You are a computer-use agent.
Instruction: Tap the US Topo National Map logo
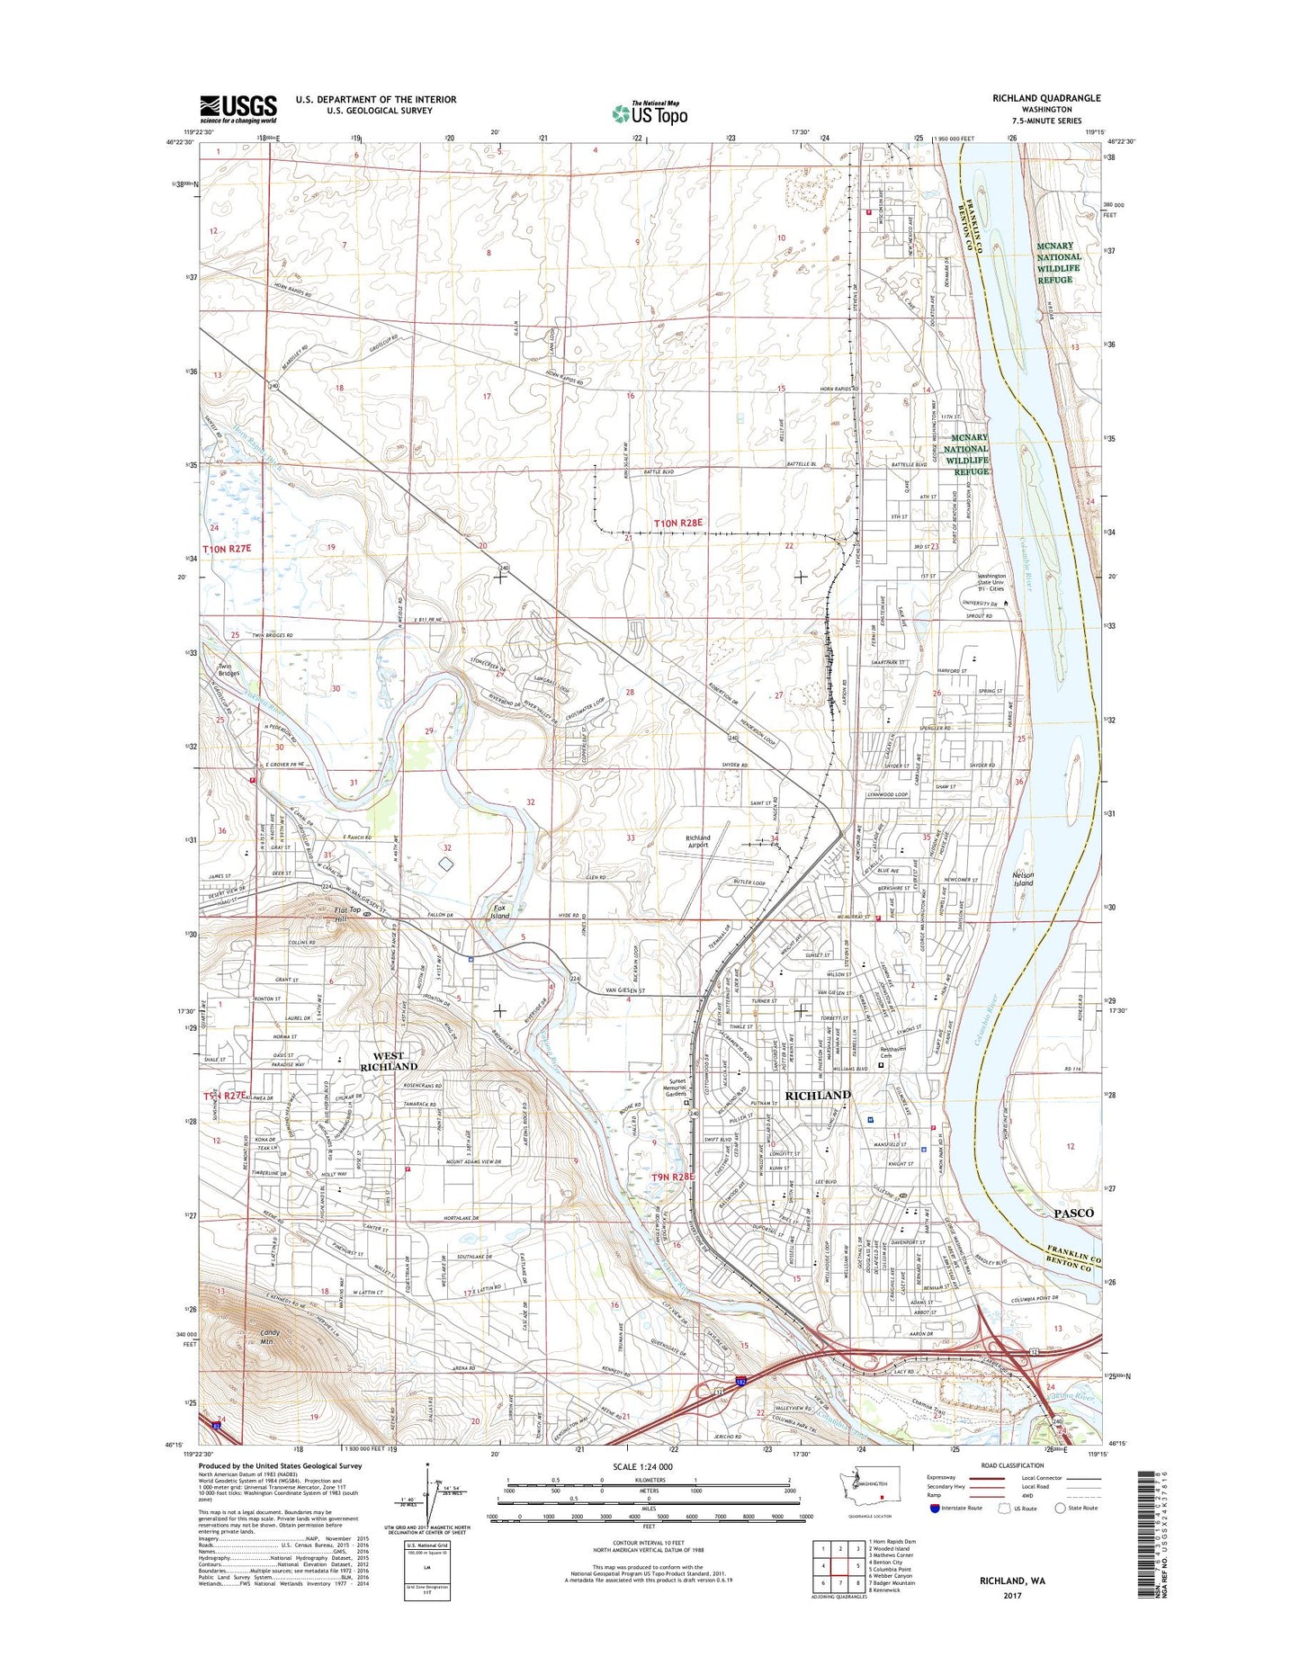(650, 112)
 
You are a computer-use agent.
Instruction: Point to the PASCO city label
(1073, 1213)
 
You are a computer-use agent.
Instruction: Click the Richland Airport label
(697, 841)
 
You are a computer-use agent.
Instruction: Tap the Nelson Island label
(1023, 878)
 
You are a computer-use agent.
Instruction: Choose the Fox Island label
(499, 911)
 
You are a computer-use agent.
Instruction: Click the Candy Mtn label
(269, 1337)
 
